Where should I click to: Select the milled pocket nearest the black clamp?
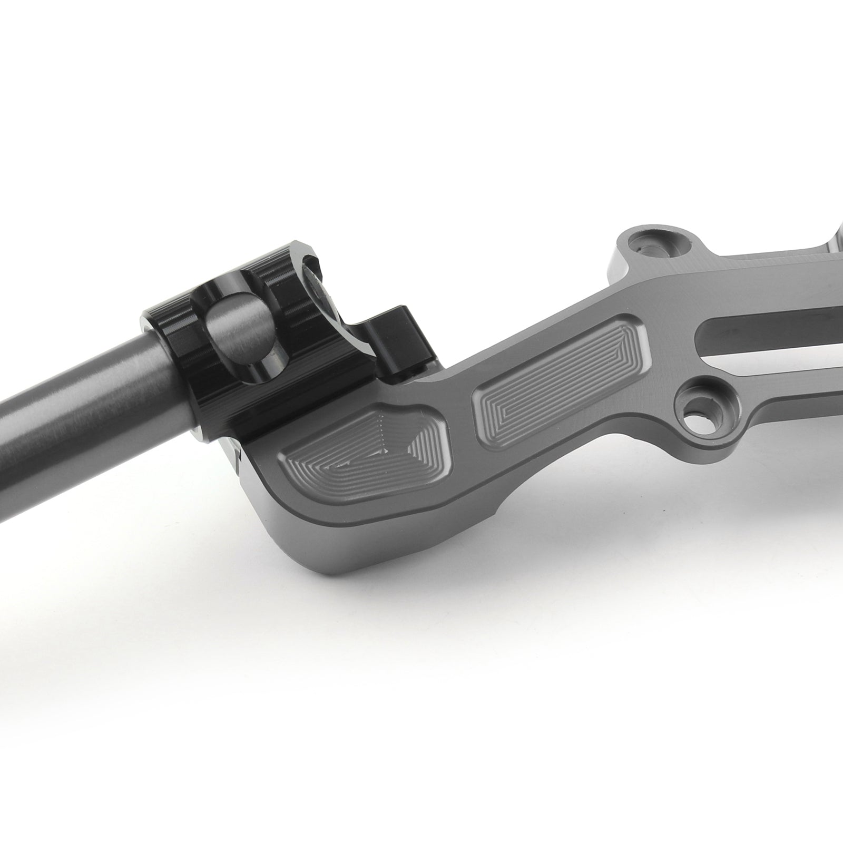[364, 458]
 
